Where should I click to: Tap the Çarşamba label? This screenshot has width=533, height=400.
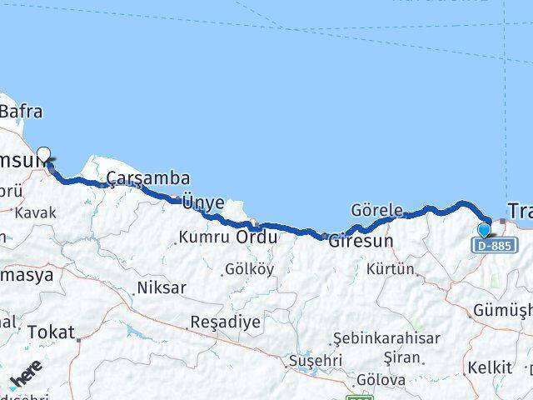[148, 178]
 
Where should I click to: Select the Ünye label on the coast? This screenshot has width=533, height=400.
[202, 202]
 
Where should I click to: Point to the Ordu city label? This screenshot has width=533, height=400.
[257, 237]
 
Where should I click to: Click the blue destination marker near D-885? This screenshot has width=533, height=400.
[485, 230]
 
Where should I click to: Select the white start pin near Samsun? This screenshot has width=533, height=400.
[44, 153]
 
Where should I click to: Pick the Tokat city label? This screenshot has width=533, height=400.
[51, 332]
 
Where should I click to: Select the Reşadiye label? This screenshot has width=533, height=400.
[226, 321]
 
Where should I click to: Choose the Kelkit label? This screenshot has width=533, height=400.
[491, 367]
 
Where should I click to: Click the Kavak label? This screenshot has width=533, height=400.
[35, 212]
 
